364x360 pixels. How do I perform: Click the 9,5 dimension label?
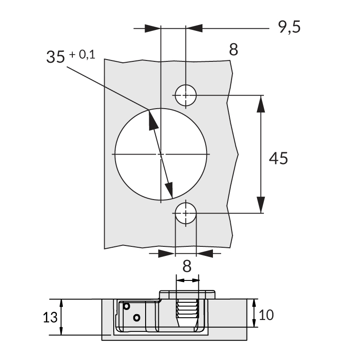pyautogui.click(x=289, y=28)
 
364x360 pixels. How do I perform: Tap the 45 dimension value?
pyautogui.click(x=278, y=159)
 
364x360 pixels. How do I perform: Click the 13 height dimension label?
pyautogui.click(x=51, y=317)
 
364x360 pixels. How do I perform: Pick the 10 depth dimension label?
pyautogui.click(x=267, y=314)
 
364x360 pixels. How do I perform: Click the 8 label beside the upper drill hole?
pyautogui.click(x=233, y=50)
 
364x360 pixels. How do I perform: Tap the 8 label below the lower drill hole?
pyautogui.click(x=186, y=265)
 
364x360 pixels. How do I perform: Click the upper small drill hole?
pyautogui.click(x=186, y=95)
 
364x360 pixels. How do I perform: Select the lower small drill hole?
pyautogui.click(x=186, y=213)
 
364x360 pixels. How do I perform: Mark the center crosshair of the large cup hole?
pyautogui.click(x=161, y=155)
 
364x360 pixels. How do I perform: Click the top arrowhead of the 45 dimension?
pyautogui.click(x=261, y=104)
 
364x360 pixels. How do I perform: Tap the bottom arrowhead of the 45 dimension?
pyautogui.click(x=261, y=204)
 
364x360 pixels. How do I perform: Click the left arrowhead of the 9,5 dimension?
pyautogui.click(x=153, y=28)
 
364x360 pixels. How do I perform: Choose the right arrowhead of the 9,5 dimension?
pyautogui.click(x=194, y=28)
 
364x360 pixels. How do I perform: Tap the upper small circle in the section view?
pyautogui.click(x=127, y=306)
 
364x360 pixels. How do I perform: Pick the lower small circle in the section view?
pyautogui.click(x=137, y=317)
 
